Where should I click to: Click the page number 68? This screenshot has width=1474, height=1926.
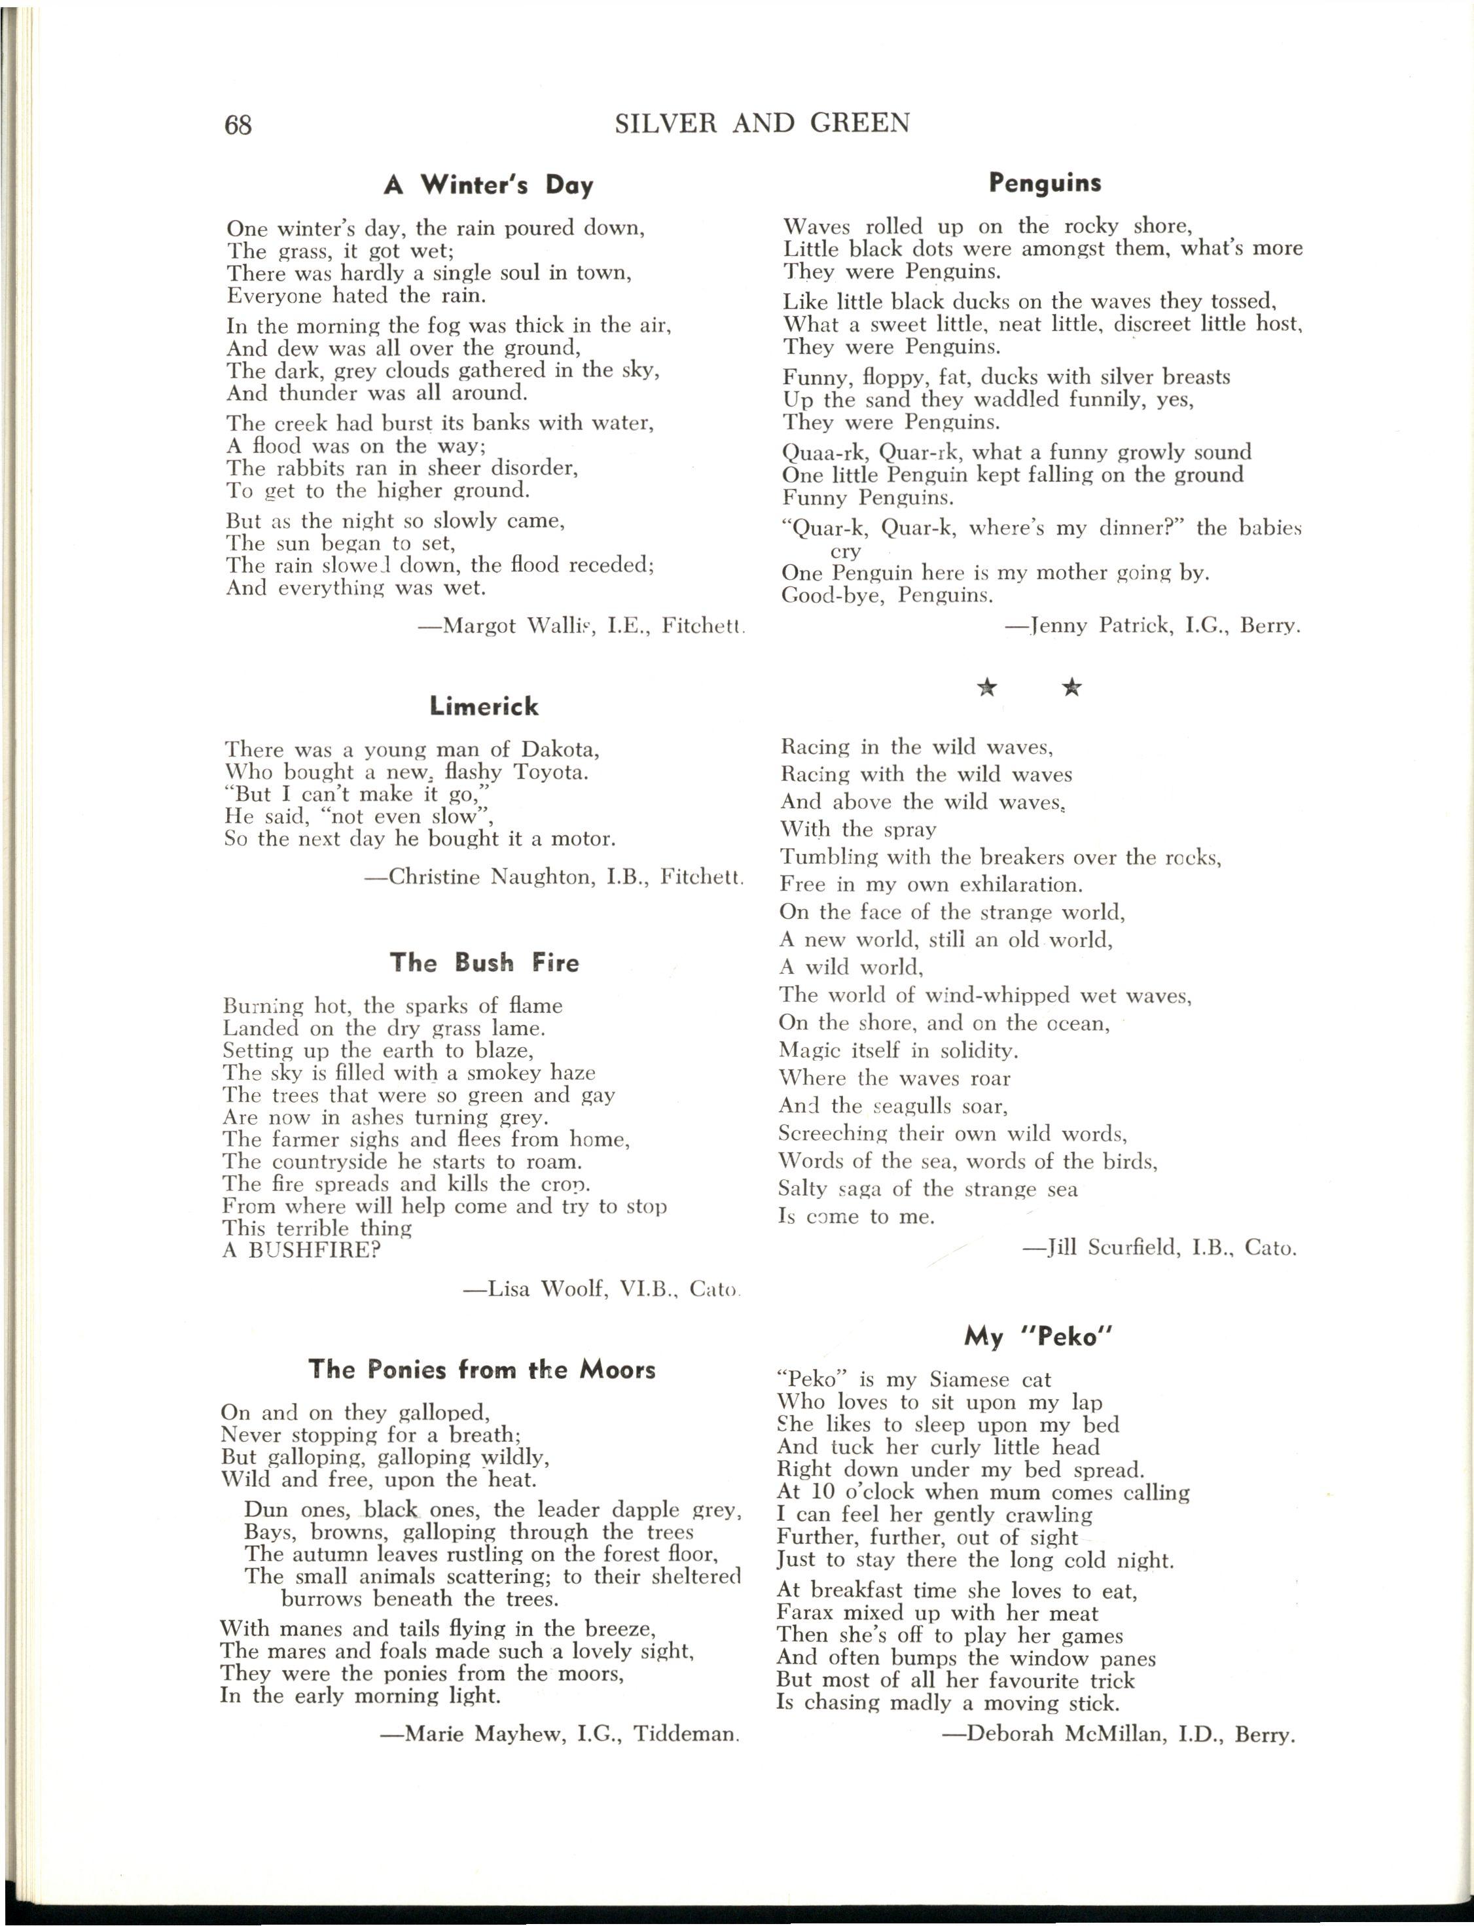coord(238,126)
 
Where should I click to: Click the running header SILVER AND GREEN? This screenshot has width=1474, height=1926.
coord(762,124)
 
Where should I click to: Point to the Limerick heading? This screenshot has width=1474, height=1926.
coord(484,706)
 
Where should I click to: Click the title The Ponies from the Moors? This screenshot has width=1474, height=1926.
coord(482,1369)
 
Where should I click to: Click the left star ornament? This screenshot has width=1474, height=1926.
coord(988,688)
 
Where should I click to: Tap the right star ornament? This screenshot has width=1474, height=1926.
coord(1071,688)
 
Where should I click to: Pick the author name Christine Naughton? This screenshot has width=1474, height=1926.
coord(490,877)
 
